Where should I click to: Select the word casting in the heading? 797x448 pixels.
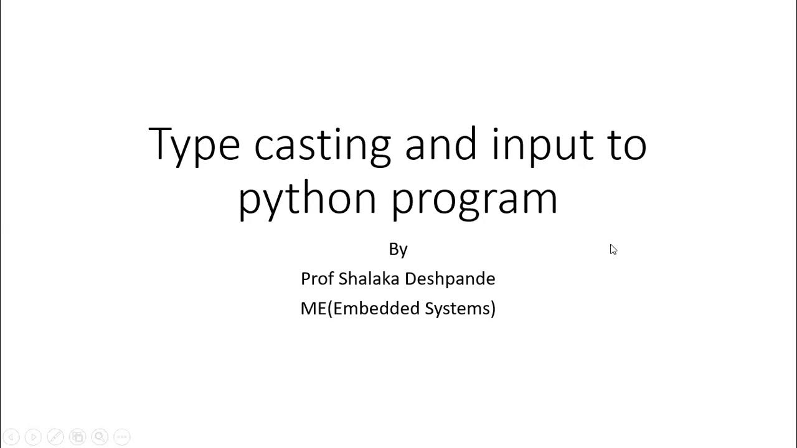tap(322, 145)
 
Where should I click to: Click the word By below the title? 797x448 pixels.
tap(398, 249)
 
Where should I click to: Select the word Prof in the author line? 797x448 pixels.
tap(317, 279)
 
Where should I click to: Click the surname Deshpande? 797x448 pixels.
tap(452, 279)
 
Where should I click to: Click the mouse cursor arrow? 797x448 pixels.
tap(613, 250)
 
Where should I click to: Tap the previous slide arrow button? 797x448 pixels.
tap(11, 437)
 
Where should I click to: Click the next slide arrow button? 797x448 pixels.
tap(33, 437)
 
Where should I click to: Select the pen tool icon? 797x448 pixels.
tap(55, 437)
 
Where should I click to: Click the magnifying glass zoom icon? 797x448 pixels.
tap(100, 437)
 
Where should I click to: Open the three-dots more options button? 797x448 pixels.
tap(122, 437)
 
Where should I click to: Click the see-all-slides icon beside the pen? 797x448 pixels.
tap(77, 437)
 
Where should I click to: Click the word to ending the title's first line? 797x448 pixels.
tap(625, 145)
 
